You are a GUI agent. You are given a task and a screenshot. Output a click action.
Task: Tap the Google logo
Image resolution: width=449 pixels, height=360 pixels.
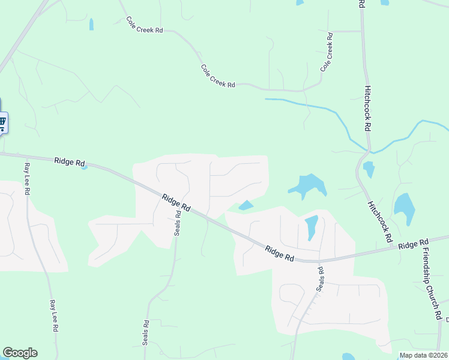pyautogui.click(x=20, y=353)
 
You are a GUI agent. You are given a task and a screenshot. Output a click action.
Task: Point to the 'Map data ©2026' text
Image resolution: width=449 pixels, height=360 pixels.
pyautogui.click(x=423, y=355)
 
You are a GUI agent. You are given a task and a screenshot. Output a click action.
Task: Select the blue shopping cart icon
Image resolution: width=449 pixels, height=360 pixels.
pyautogui.click(x=2, y=123)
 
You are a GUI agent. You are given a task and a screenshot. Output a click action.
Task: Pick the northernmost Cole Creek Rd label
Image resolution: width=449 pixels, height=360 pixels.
pyautogui.click(x=145, y=25)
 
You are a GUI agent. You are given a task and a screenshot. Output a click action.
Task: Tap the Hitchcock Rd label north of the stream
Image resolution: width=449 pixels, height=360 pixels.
pyautogui.click(x=368, y=109)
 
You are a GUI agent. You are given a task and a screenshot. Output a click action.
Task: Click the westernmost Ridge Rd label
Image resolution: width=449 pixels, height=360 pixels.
pyautogui.click(x=70, y=162)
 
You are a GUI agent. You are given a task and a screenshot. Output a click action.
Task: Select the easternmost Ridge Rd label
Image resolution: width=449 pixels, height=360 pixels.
pyautogui.click(x=414, y=244)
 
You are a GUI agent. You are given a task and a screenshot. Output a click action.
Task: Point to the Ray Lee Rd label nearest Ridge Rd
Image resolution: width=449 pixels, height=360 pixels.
pyautogui.click(x=27, y=178)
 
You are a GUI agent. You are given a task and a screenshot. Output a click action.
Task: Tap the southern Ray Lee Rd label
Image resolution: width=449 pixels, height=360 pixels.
pyautogui.click(x=53, y=316)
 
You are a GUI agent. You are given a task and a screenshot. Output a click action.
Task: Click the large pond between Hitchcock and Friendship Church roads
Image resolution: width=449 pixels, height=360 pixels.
pyautogui.click(x=404, y=207)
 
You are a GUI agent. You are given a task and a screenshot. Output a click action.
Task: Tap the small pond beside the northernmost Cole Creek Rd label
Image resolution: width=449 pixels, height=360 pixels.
pyautogui.click(x=91, y=25)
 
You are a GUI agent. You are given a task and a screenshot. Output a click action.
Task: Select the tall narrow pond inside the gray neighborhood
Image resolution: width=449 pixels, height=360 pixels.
pyautogui.click(x=311, y=227)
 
